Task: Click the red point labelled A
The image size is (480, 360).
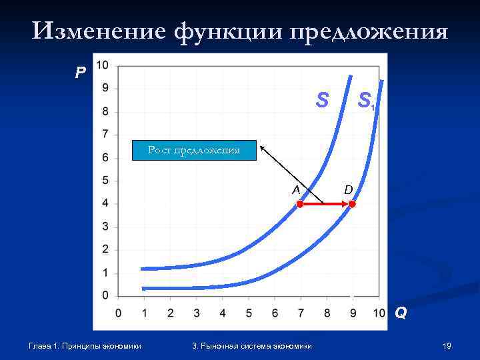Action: (300, 204)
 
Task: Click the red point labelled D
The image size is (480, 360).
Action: (352, 204)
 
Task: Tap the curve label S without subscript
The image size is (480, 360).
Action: (322, 100)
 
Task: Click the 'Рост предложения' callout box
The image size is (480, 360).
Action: (193, 151)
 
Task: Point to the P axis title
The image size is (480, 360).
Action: (80, 73)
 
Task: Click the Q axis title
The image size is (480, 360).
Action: (399, 312)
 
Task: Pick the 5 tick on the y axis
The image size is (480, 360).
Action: (106, 181)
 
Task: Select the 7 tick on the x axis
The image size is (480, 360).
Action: (301, 313)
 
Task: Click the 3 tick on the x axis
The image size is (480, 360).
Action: (197, 313)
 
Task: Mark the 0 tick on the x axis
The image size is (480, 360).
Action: (119, 313)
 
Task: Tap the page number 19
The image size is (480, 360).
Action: (447, 345)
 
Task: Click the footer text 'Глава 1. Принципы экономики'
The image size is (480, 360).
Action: (85, 345)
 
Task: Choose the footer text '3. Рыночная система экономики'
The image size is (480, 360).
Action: (251, 345)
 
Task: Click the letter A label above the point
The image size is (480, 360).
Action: (296, 189)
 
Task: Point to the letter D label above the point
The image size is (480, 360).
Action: (348, 191)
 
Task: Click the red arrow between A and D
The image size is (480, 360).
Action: (326, 204)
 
